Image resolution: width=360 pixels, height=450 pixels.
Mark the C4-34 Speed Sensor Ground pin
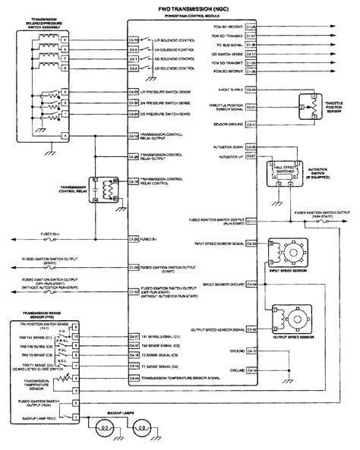coord(252,284)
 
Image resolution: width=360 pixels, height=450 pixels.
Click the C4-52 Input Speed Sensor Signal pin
coord(252,244)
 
